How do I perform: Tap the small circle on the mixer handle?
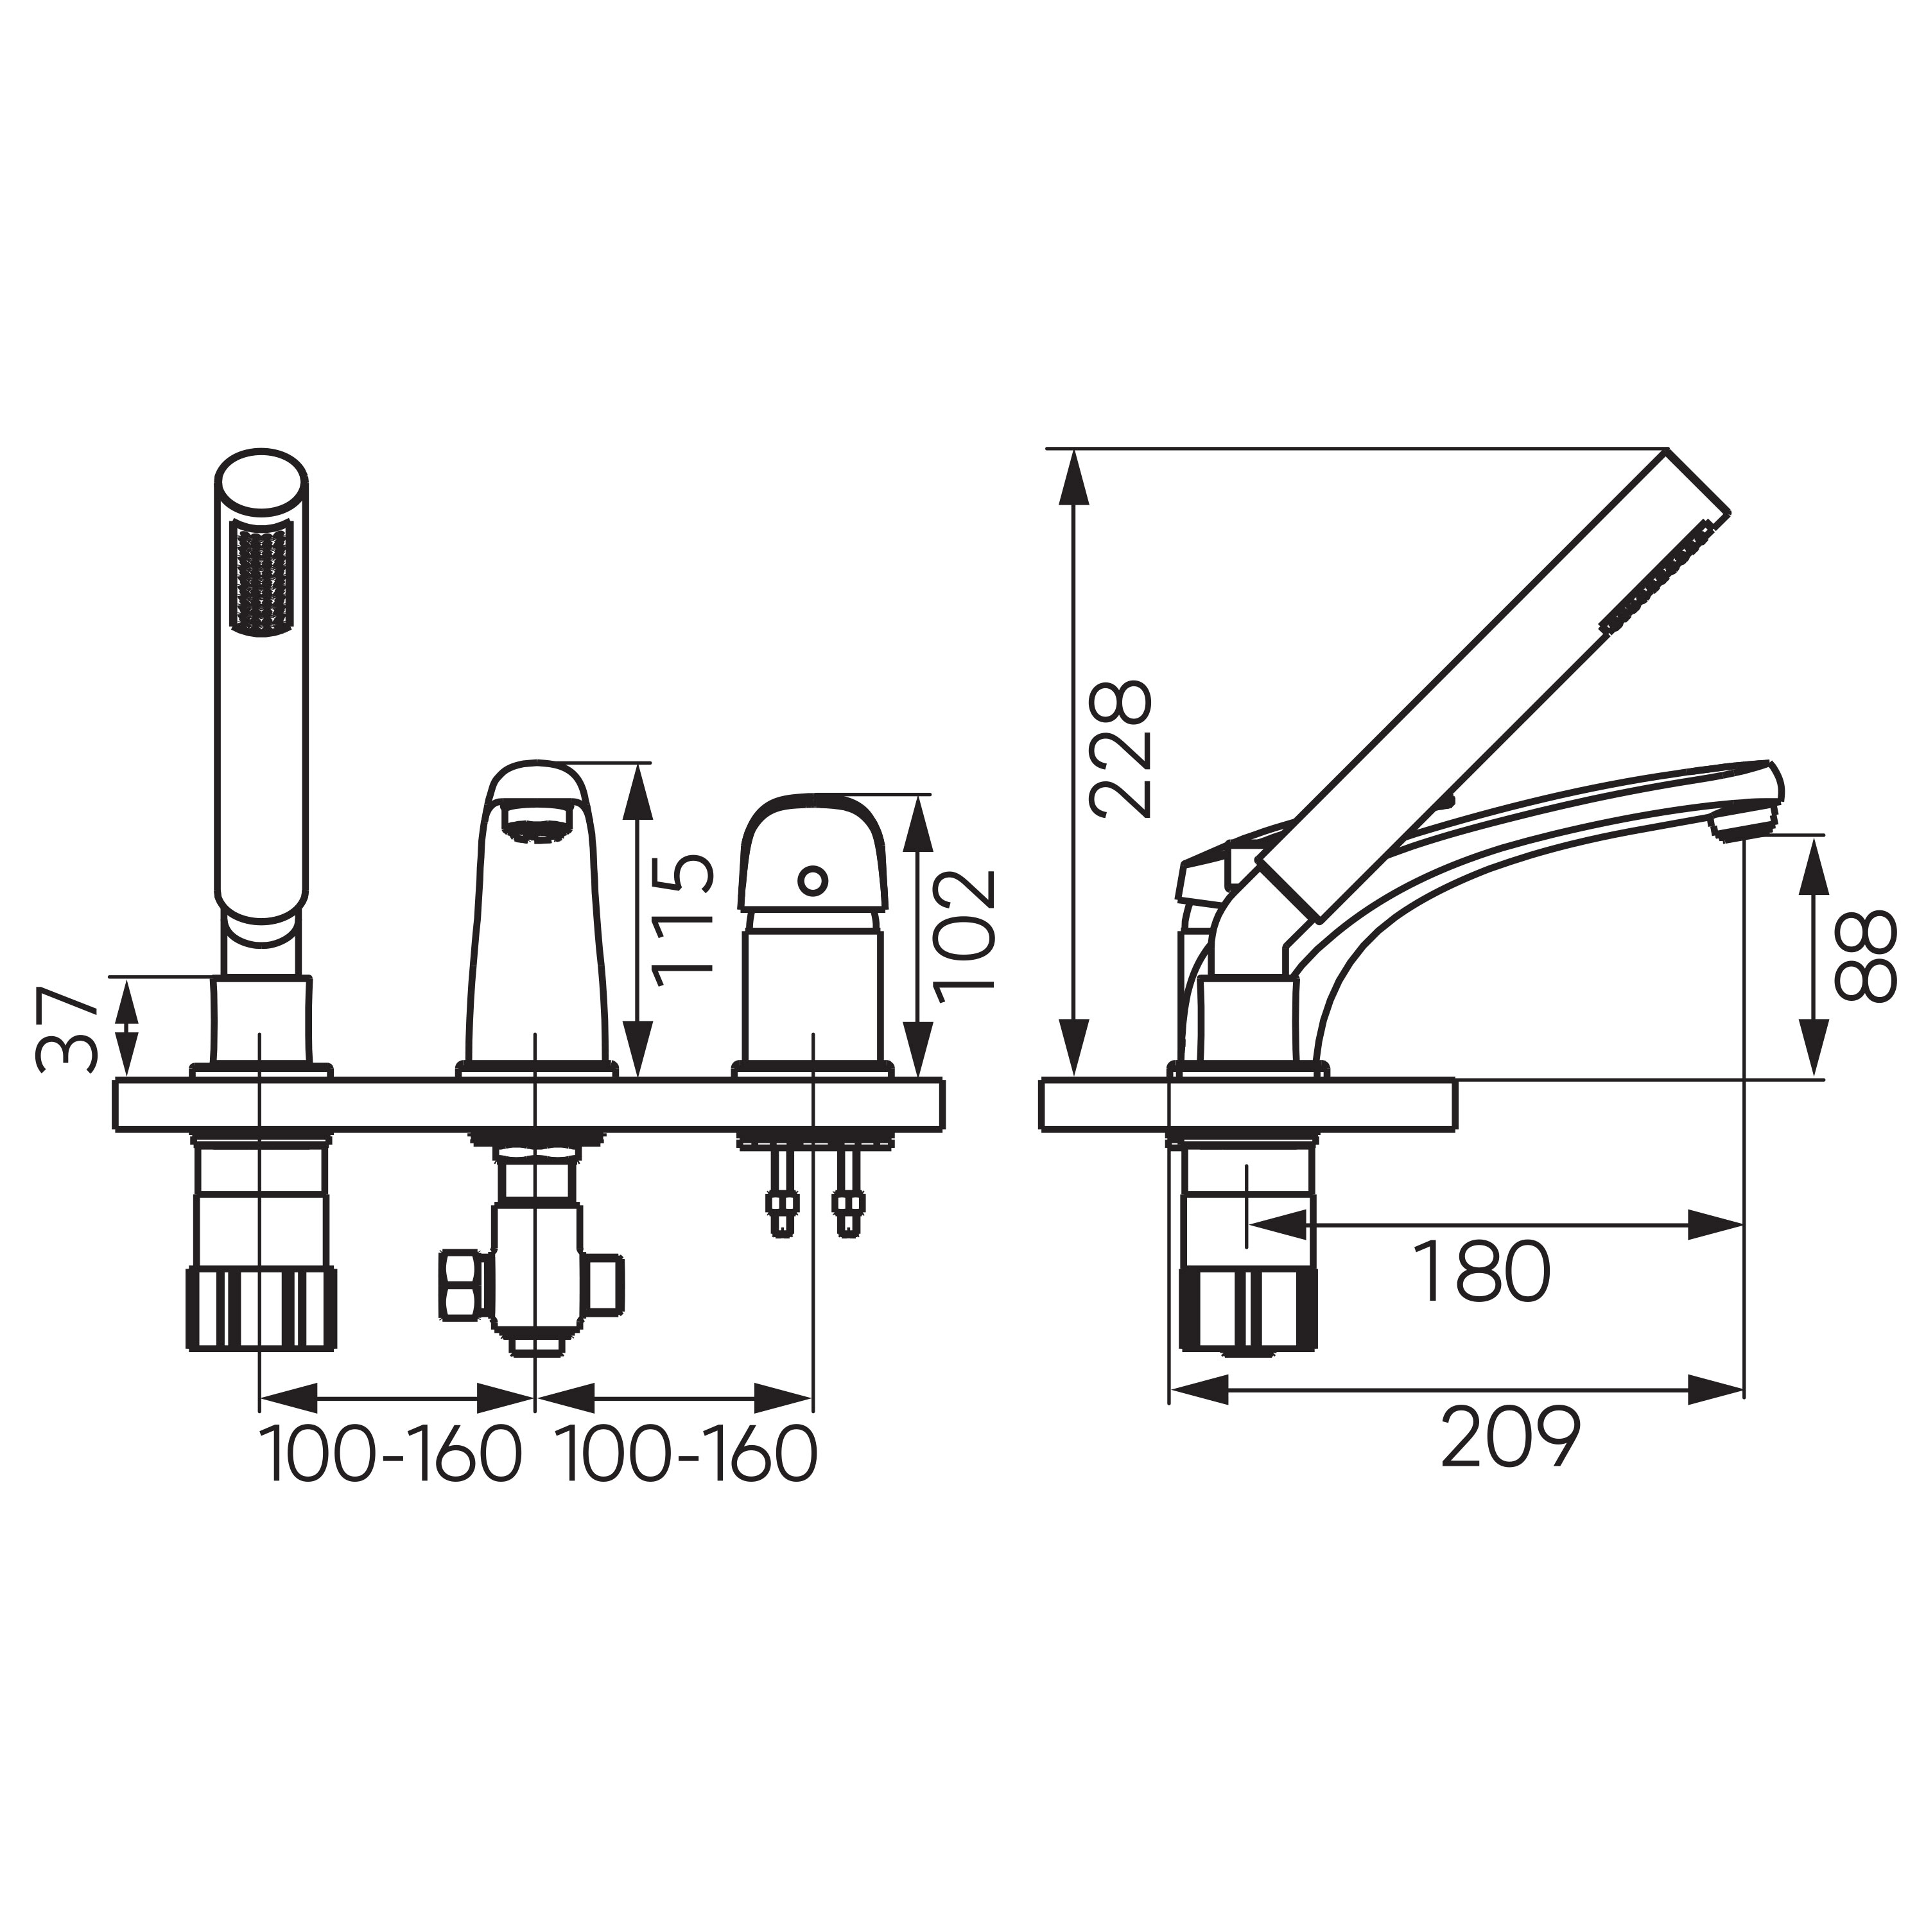coord(813,880)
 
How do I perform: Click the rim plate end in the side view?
coord(1450,1104)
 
